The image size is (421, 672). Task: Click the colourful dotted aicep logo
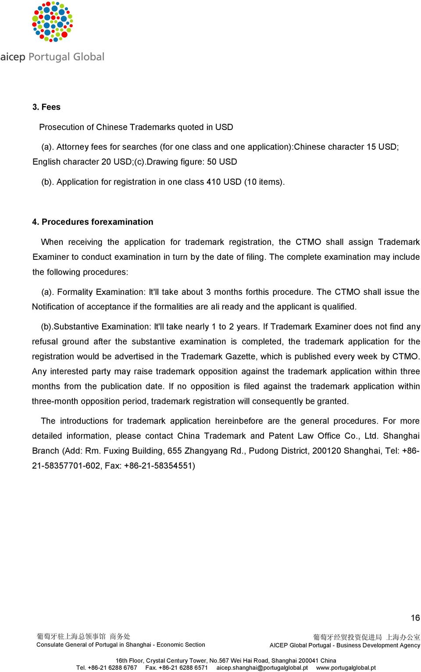52,22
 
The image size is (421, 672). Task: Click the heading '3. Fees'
46,107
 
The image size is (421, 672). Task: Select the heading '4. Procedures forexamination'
93,222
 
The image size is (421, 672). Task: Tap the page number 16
415,618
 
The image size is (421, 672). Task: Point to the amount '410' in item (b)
214,182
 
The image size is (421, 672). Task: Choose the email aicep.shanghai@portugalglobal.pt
262,668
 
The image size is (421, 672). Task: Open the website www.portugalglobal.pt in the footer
346,668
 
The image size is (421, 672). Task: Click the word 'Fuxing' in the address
116,451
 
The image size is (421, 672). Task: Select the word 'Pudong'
264,451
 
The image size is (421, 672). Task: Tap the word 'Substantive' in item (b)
76,327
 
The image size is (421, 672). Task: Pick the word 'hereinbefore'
239,421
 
